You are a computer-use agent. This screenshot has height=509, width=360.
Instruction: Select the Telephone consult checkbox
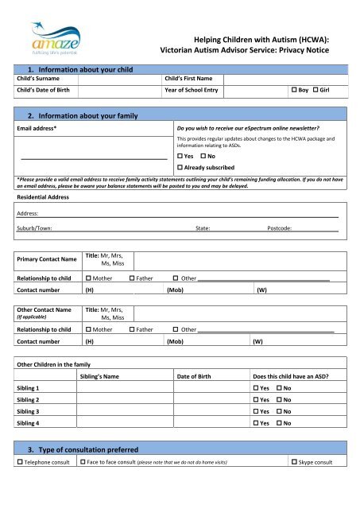pyautogui.click(x=20, y=484)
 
